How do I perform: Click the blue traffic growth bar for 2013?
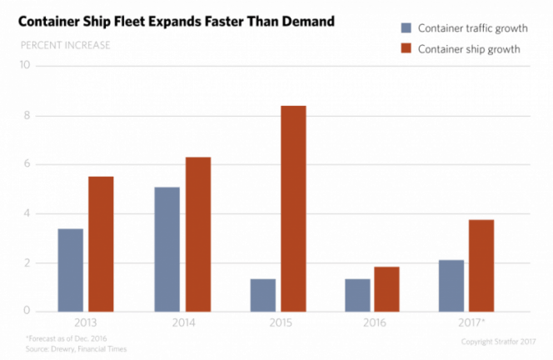[x=70, y=269]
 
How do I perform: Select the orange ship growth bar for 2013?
[x=101, y=243]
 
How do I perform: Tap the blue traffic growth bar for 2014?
[x=167, y=248]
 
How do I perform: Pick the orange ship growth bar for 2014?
[x=197, y=233]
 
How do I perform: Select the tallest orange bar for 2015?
[x=293, y=207]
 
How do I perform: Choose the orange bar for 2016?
[x=386, y=288]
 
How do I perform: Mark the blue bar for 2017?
[x=451, y=284]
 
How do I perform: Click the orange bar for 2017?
[x=481, y=265]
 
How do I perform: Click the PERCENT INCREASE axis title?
[x=66, y=45]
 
